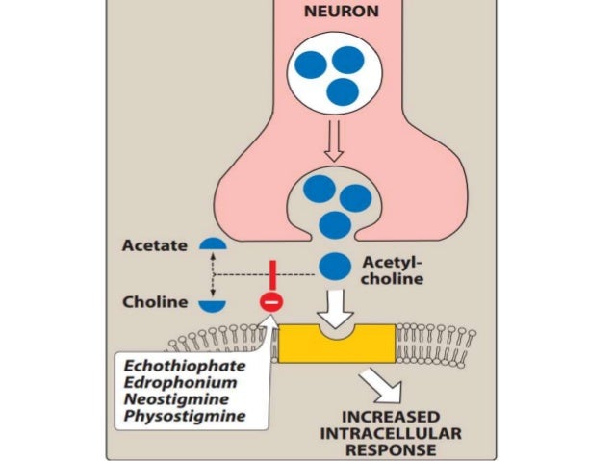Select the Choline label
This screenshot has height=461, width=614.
[x=154, y=301]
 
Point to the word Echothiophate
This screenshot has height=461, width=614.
[x=183, y=367]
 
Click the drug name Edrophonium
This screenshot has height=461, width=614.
[x=179, y=383]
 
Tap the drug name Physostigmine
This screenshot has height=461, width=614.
[x=184, y=416]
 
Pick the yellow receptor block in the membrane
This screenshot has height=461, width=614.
[x=336, y=343]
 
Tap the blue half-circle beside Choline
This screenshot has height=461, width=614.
[x=213, y=305]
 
